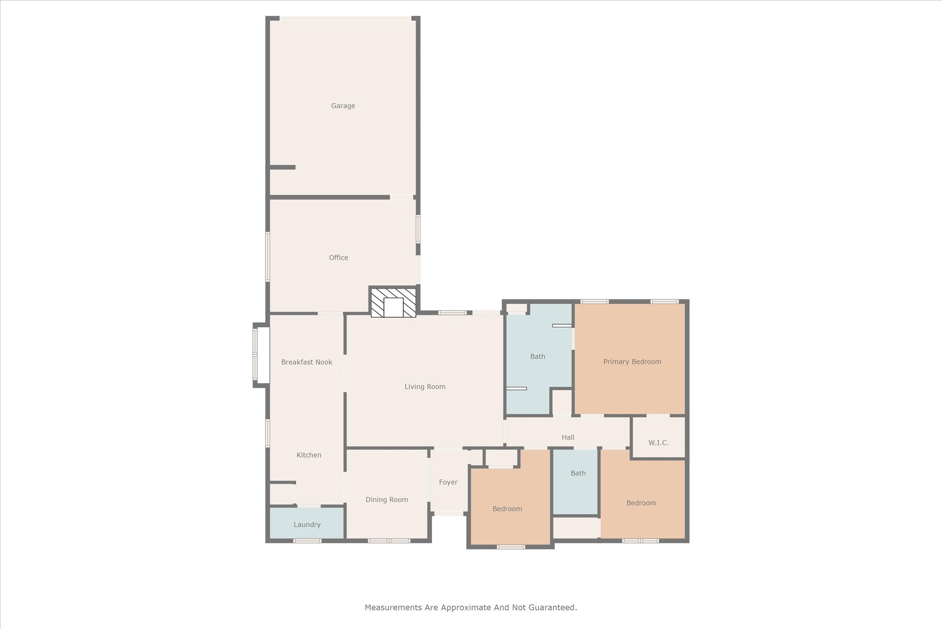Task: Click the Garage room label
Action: pos(343,106)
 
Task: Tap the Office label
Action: pos(338,258)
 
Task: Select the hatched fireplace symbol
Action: pos(393,303)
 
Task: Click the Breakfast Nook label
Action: pos(306,362)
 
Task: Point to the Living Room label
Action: pos(425,387)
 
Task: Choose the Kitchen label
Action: pos(309,455)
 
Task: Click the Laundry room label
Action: pos(307,525)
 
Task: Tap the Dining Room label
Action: pos(386,500)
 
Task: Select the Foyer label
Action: pos(448,482)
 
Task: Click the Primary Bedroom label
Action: pos(632,362)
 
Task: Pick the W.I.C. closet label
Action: pos(658,443)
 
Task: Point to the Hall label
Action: pos(568,437)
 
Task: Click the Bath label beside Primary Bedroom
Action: pos(537,356)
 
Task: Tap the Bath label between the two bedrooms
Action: pos(578,473)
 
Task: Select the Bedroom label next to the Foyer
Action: pos(507,509)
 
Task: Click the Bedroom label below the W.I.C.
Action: pos(641,503)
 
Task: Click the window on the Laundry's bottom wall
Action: pos(307,541)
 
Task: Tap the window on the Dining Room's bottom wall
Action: pos(389,541)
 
